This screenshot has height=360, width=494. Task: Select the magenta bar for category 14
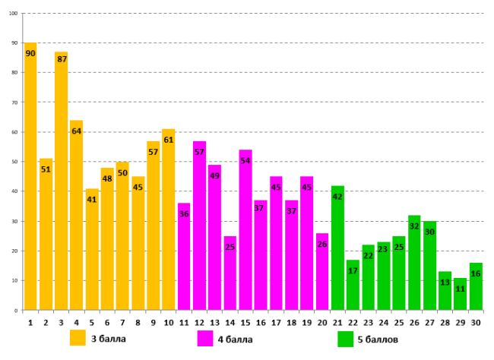pos(230,273)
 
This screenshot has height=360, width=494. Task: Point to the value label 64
pos(76,131)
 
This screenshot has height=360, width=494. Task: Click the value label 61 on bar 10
pos(168,141)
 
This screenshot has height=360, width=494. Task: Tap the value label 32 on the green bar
pos(413,226)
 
